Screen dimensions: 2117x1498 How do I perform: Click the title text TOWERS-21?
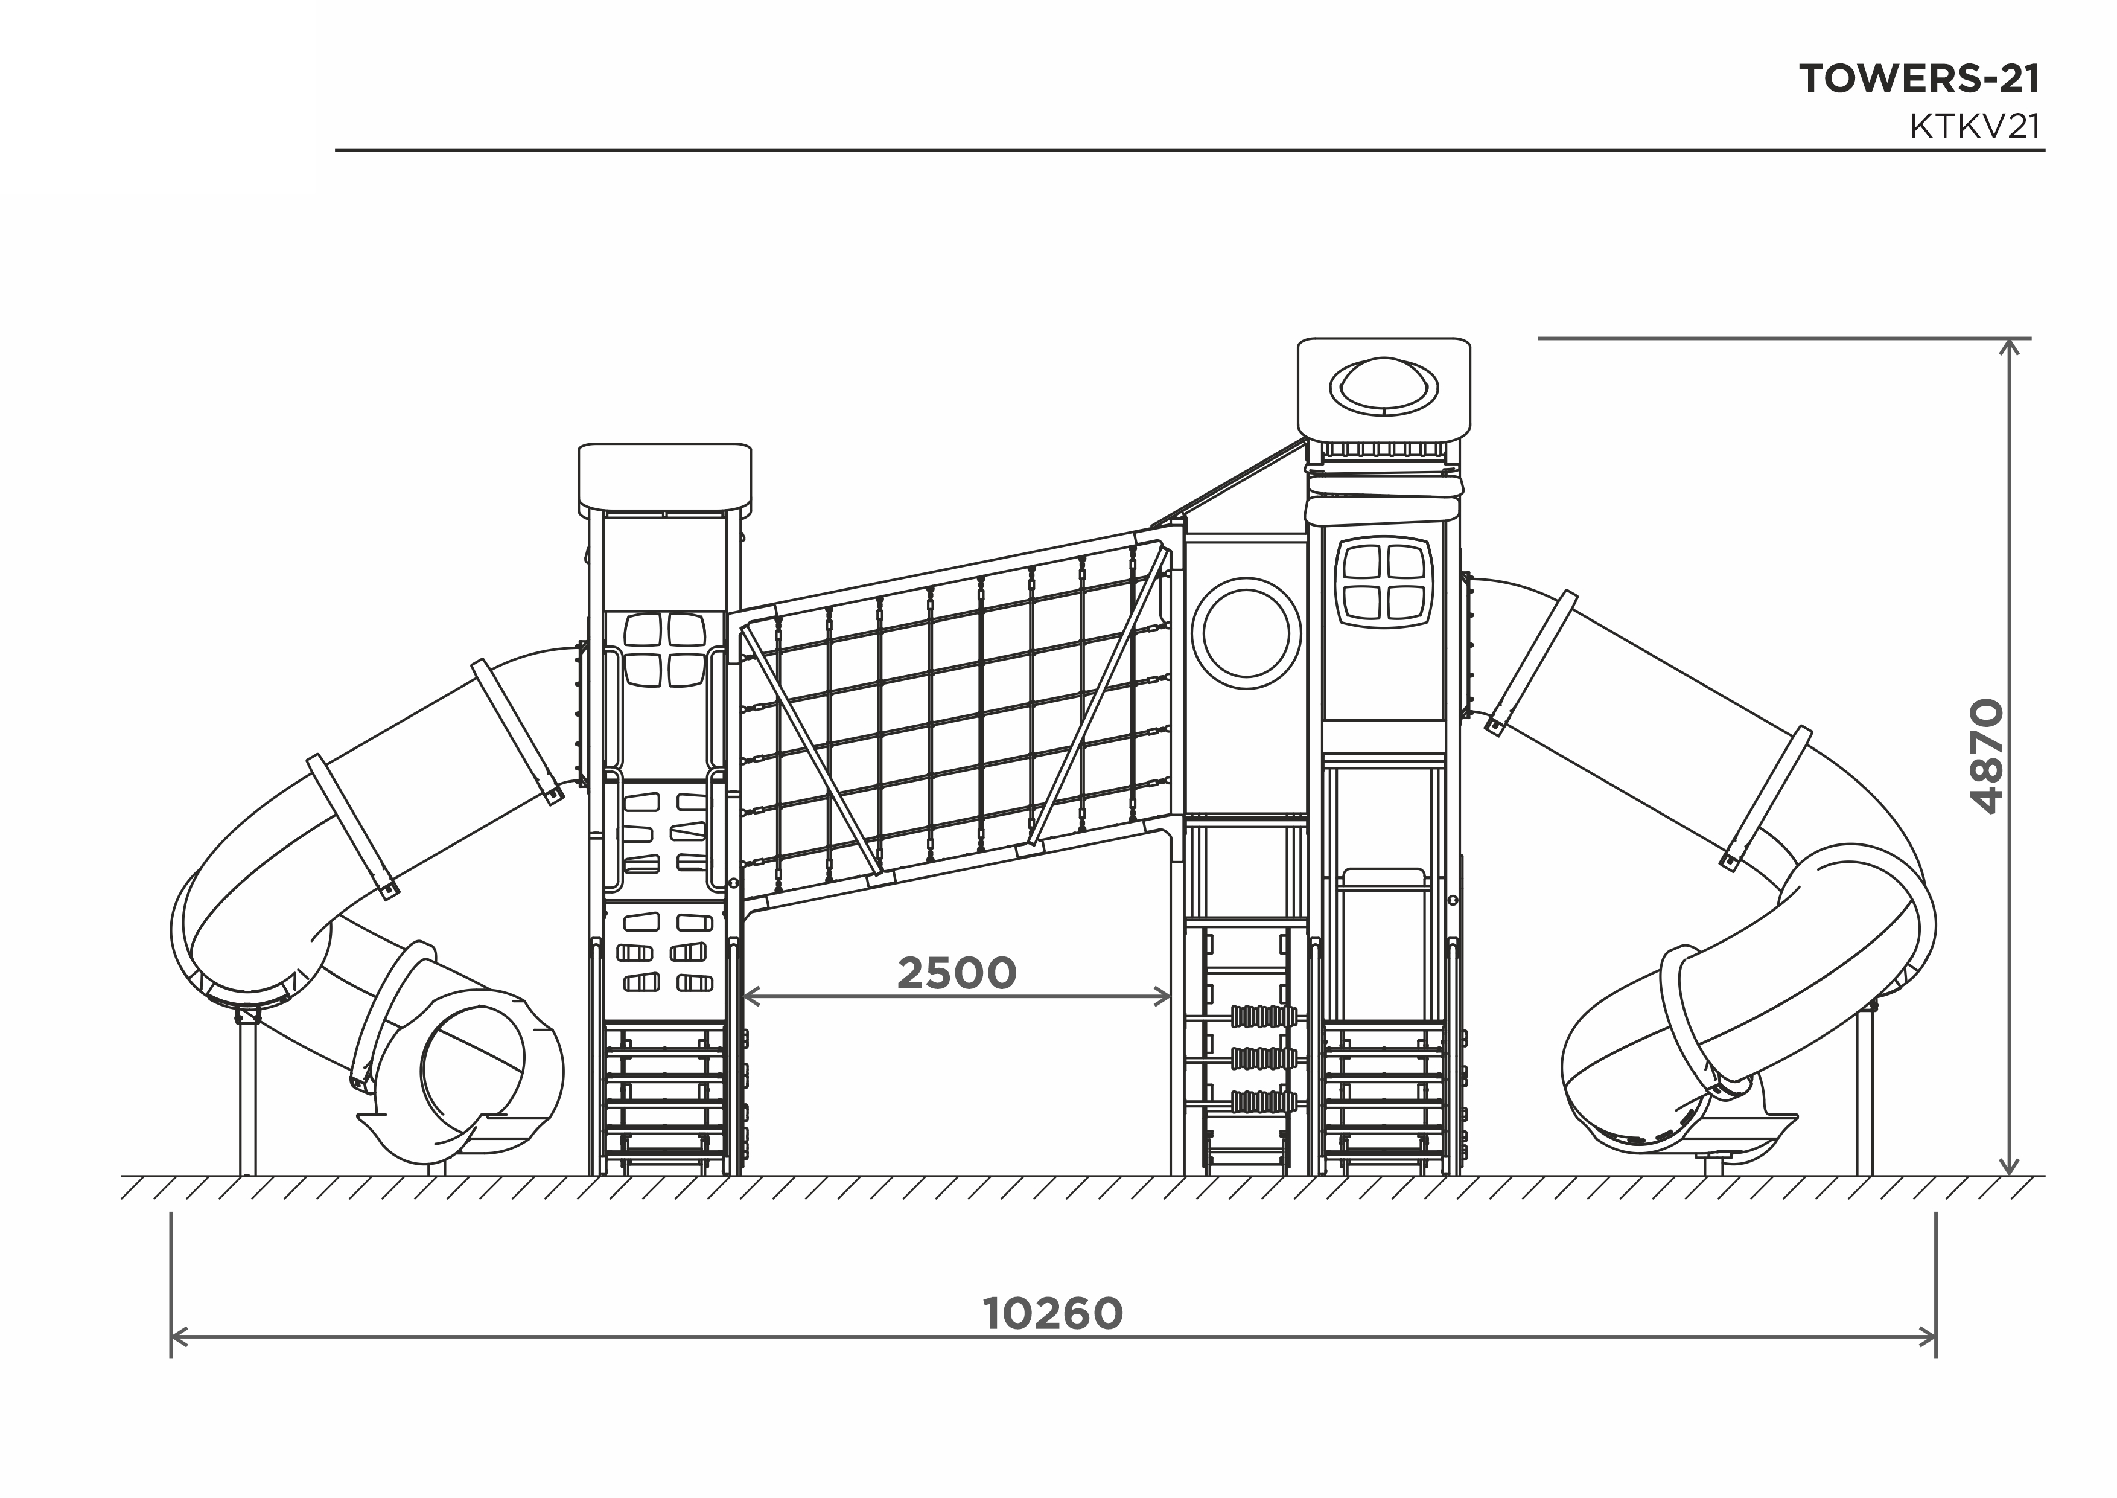1920,79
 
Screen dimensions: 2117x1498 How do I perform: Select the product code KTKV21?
1975,126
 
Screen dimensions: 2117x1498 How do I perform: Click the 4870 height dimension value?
1987,757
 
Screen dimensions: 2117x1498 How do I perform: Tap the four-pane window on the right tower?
1384,581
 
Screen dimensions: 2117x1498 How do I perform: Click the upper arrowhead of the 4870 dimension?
2010,346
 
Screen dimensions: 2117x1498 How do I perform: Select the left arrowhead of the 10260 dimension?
179,1337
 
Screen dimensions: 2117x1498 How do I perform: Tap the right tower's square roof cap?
1384,388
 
